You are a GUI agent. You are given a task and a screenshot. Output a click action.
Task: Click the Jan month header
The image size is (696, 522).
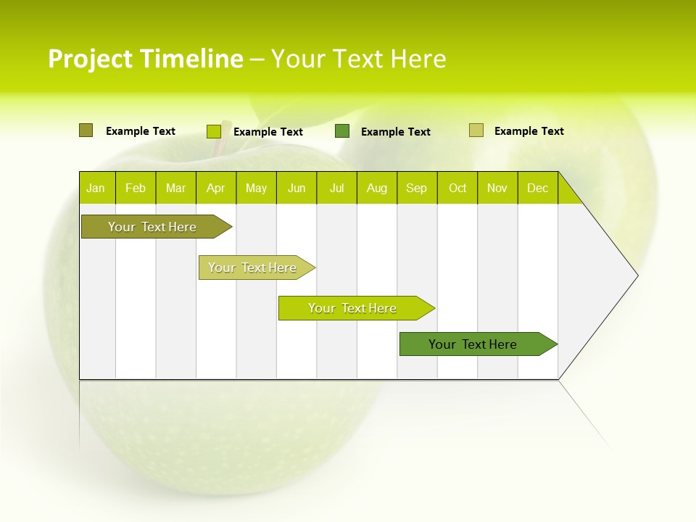96,188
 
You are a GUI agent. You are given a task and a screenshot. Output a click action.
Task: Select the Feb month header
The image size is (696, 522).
136,188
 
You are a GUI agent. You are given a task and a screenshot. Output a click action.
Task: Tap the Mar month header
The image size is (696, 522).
175,188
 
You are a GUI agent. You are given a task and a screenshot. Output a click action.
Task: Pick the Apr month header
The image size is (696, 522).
216,188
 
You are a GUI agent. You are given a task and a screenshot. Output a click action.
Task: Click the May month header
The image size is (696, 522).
256,188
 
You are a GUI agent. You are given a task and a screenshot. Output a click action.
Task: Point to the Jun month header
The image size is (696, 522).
297,188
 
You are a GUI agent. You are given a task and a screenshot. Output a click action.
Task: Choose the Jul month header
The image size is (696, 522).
336,188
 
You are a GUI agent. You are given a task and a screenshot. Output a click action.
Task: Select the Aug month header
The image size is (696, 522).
377,188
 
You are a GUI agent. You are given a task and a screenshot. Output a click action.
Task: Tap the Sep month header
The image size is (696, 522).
417,188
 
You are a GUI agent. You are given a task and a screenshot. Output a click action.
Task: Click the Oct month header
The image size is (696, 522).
457,188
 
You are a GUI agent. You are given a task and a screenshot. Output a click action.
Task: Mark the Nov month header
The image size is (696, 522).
497,188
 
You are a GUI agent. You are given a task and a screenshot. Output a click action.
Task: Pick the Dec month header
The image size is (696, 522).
538,188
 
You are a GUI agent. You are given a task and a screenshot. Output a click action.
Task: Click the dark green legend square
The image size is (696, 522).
342,131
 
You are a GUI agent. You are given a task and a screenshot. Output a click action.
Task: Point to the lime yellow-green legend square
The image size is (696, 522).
214,131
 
